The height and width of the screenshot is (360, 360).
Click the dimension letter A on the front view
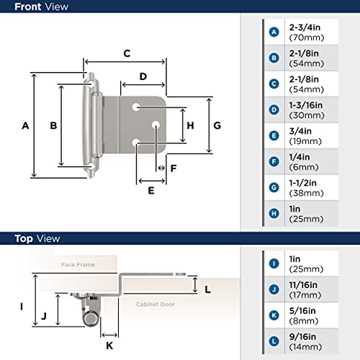click(x=24, y=125)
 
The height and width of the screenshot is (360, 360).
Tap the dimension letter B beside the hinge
click(x=53, y=125)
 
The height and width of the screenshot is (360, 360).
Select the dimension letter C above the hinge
click(x=126, y=53)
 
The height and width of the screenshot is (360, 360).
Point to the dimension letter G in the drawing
click(x=217, y=125)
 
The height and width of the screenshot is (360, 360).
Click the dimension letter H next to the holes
click(x=190, y=125)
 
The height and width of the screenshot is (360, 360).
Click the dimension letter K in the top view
click(x=110, y=345)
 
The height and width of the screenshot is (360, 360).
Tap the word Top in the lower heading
click(x=19, y=238)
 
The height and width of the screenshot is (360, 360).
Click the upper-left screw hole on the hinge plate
click(x=135, y=107)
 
